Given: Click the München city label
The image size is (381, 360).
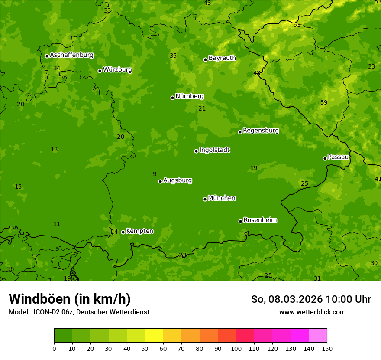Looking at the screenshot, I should [x=222, y=198].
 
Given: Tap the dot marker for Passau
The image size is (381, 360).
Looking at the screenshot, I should [x=325, y=158].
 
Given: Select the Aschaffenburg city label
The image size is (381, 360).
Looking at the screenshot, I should [x=71, y=55].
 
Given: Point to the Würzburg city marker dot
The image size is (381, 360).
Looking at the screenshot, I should [x=100, y=71].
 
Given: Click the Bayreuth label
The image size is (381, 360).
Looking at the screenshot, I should [x=222, y=58].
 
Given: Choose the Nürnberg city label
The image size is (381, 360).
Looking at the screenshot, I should [x=189, y=96].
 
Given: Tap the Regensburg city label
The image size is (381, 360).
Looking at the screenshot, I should [x=261, y=131].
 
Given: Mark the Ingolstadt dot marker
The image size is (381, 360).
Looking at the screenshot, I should [x=196, y=151].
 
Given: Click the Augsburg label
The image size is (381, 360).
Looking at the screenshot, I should [x=178, y=180].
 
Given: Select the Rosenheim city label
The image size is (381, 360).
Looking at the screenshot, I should [x=260, y=220].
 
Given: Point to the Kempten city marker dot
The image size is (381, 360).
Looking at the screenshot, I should [x=123, y=232].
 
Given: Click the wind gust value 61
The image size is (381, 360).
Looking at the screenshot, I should [x=297, y=25].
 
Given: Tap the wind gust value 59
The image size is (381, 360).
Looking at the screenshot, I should [x=324, y=102].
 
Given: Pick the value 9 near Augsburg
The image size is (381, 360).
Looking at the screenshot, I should [x=155, y=174].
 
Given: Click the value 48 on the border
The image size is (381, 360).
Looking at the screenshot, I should [x=257, y=73].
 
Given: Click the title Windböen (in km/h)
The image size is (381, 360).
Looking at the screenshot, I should [x=70, y=299].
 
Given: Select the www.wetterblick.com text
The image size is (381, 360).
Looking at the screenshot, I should [x=312, y=312].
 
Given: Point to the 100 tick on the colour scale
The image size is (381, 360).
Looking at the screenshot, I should [x=236, y=348].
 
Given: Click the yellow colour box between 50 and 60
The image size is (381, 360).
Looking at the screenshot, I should [x=154, y=335].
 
